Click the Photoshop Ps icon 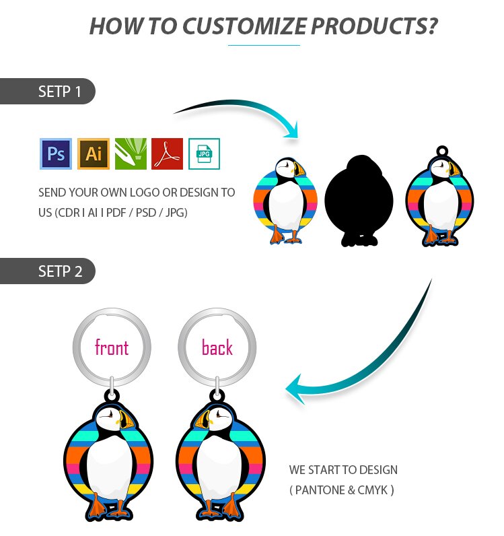[56, 154]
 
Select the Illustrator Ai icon [94, 154]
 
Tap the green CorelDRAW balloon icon [131, 154]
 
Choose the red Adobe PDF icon [167, 154]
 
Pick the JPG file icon [204, 154]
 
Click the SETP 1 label [59, 92]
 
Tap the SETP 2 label [60, 271]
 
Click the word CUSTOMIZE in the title [244, 26]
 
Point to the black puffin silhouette [359, 201]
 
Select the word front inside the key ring [112, 347]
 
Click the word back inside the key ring [217, 347]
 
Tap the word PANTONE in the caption [320, 490]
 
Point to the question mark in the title [431, 26]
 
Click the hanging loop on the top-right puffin [442, 151]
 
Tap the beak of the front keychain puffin [127, 419]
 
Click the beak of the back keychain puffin [203, 419]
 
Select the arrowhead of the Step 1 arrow [292, 131]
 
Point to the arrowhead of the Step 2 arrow [295, 389]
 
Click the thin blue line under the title [264, 45]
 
